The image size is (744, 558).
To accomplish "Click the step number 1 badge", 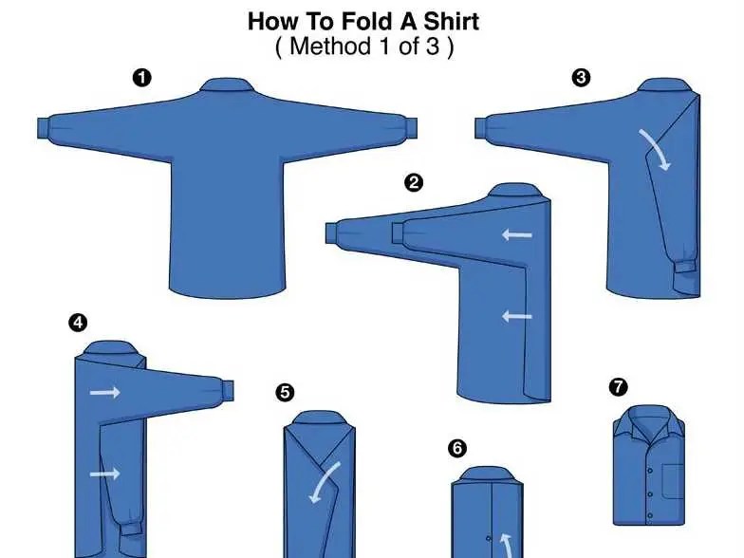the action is [x=142, y=78].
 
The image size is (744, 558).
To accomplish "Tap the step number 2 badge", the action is [x=414, y=182].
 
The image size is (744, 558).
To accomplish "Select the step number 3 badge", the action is [x=581, y=78].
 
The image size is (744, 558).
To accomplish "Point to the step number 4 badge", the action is [x=78, y=323].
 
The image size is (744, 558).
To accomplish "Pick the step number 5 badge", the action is [x=285, y=393].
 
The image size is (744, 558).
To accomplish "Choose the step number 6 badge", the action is [x=457, y=448].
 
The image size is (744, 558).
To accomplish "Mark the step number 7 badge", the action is [x=618, y=387].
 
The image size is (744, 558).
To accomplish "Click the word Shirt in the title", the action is [x=451, y=22].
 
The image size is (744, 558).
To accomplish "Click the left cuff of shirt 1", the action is [x=44, y=128].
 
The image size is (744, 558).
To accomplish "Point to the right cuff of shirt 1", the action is [x=411, y=128].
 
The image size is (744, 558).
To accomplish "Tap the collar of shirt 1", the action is [x=227, y=85].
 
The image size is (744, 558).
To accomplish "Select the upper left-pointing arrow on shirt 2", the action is [x=517, y=234].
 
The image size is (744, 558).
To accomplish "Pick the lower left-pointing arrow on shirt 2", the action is [x=517, y=316].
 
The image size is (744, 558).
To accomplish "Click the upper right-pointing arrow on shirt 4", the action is [x=104, y=393].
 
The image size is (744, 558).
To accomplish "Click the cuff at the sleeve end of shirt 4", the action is [x=228, y=389].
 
